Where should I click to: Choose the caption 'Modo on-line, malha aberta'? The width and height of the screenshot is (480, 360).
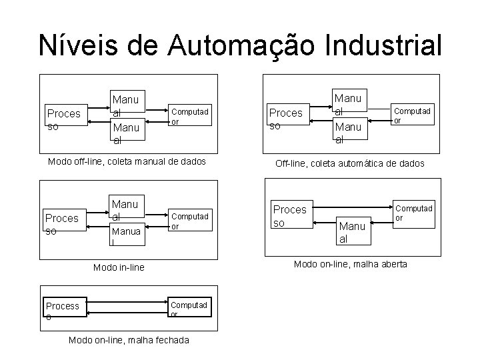(351, 264)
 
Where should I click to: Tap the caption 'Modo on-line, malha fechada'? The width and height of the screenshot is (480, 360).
(129, 340)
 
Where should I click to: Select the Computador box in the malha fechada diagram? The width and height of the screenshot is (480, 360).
(190, 310)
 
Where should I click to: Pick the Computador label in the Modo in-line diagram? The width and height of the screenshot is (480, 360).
(190, 221)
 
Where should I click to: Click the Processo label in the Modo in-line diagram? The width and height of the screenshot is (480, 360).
(61, 224)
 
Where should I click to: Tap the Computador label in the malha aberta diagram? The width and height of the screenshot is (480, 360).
(414, 213)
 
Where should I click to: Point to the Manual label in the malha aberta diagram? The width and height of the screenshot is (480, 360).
(352, 232)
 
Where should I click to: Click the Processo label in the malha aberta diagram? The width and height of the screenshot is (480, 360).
(290, 215)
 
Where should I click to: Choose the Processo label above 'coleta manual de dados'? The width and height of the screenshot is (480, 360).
(63, 119)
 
